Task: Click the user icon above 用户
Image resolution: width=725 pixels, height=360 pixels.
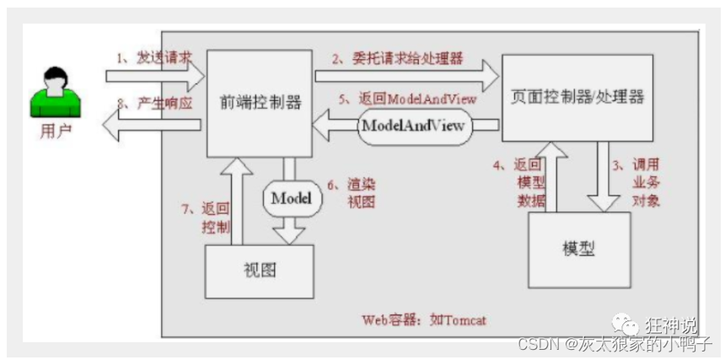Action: click(x=54, y=92)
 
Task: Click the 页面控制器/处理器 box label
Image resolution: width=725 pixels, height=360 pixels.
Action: click(x=577, y=97)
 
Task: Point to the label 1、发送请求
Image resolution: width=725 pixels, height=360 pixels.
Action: click(x=154, y=57)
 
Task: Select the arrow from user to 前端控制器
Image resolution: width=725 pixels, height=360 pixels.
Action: click(x=155, y=77)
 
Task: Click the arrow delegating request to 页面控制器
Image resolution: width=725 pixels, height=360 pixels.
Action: click(x=406, y=77)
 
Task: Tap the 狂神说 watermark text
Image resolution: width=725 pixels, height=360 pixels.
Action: click(x=671, y=325)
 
